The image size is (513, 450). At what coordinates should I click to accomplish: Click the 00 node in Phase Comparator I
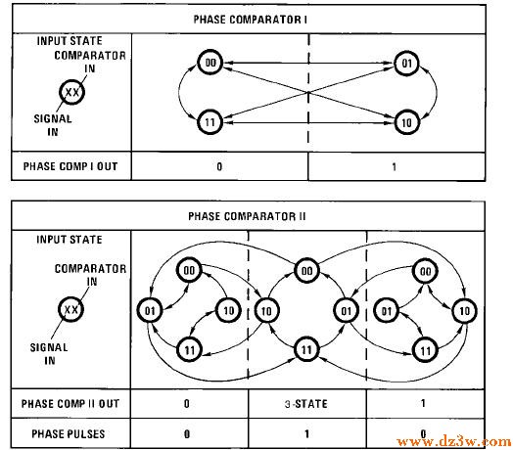[x=210, y=63]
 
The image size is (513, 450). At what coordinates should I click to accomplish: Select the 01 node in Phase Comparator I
[x=406, y=63]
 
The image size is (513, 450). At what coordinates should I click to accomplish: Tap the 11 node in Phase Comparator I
[x=210, y=122]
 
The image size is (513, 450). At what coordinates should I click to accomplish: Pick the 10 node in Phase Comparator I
[x=406, y=122]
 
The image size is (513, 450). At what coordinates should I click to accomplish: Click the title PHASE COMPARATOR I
[x=251, y=20]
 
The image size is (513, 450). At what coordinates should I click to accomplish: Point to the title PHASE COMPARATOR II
[x=247, y=216]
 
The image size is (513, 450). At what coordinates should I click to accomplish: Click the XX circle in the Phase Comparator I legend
[x=72, y=92]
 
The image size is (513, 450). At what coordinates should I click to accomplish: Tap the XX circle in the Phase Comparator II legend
[x=71, y=309]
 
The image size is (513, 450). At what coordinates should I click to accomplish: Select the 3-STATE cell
[x=306, y=404]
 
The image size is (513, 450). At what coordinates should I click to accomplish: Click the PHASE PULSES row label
[x=69, y=434]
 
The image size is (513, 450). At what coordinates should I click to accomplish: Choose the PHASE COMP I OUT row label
[x=70, y=166]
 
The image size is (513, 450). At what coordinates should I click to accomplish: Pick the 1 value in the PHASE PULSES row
[x=306, y=434]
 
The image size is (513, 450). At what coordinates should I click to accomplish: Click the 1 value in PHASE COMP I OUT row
[x=395, y=166]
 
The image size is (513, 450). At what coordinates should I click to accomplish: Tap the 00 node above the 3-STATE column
[x=306, y=270]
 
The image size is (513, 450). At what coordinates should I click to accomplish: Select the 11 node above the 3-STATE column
[x=306, y=350]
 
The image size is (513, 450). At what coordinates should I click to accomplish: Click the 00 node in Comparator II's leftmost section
[x=189, y=270]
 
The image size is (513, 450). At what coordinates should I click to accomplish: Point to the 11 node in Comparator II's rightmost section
[x=425, y=350]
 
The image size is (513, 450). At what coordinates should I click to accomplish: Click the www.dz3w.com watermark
[x=454, y=442]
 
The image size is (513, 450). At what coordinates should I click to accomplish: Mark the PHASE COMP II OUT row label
[x=70, y=404]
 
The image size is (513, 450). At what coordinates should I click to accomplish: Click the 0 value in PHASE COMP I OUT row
[x=219, y=166]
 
